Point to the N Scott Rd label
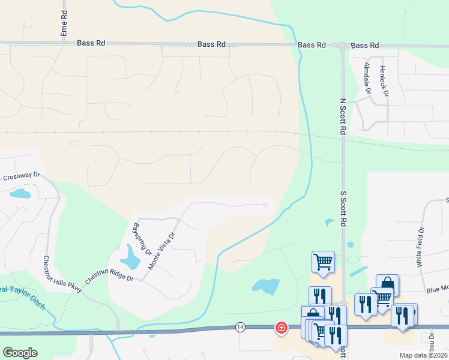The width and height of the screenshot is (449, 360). (343, 116)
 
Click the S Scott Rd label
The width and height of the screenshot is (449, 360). (345, 209)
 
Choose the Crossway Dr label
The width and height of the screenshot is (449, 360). (20, 176)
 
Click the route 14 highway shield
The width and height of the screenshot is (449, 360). (240, 327)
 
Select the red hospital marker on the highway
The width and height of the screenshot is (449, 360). (280, 328)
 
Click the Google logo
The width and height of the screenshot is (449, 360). (20, 353)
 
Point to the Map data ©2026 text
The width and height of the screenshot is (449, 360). (424, 355)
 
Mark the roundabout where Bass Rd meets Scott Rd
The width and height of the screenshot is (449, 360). (342, 46)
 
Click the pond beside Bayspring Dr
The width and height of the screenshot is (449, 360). (130, 259)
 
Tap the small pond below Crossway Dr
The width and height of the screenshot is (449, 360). (20, 194)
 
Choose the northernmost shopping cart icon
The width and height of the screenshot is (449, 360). (323, 261)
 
